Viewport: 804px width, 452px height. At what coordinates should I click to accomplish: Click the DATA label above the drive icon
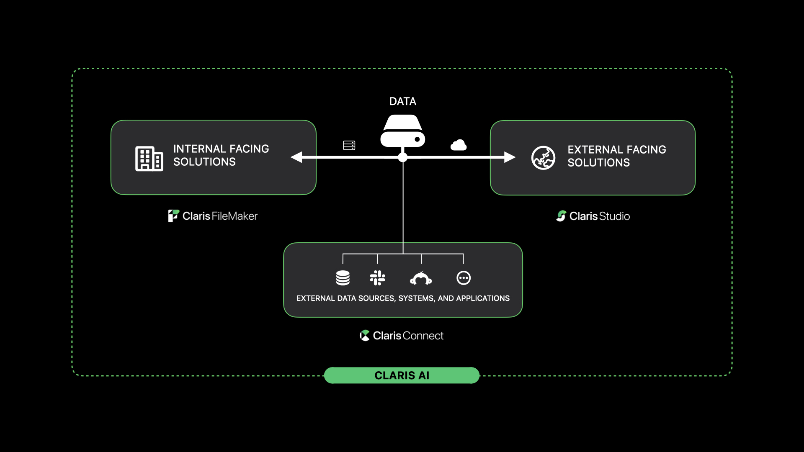(x=402, y=101)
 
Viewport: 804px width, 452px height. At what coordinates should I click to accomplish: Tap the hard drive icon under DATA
(x=402, y=131)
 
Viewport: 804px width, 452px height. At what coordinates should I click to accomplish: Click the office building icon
(x=149, y=159)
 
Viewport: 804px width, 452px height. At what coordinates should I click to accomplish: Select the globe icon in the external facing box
(x=543, y=158)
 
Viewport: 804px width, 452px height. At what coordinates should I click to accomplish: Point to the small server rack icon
(x=349, y=145)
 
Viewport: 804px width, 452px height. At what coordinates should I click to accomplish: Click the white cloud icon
(x=459, y=145)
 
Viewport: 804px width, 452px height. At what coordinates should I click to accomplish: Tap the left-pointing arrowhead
(x=296, y=157)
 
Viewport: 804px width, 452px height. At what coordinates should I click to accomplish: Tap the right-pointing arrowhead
(x=510, y=157)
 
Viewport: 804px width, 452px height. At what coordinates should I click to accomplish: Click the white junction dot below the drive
(x=403, y=157)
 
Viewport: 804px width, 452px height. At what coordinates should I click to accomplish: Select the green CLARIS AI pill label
(x=402, y=375)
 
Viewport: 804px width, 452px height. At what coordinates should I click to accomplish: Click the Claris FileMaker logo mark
(x=173, y=216)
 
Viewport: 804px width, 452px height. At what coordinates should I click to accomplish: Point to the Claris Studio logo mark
(x=561, y=216)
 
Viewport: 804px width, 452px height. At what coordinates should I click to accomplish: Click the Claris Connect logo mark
(x=365, y=336)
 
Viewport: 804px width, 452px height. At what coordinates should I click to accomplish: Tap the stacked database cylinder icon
(x=343, y=278)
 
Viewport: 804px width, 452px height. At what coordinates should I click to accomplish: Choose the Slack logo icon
(x=377, y=278)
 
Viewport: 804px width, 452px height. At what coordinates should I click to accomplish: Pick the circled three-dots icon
(x=464, y=278)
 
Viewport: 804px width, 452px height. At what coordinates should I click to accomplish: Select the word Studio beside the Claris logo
(x=615, y=216)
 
